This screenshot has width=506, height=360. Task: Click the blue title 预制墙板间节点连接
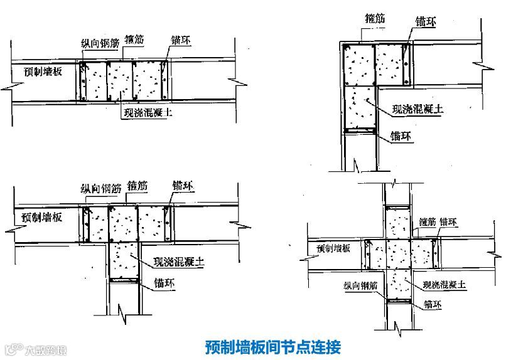(272, 346)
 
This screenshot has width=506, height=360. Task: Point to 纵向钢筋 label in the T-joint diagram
(100, 188)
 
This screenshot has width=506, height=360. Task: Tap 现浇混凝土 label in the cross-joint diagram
(444, 285)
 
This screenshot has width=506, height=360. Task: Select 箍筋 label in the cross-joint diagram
(428, 222)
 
